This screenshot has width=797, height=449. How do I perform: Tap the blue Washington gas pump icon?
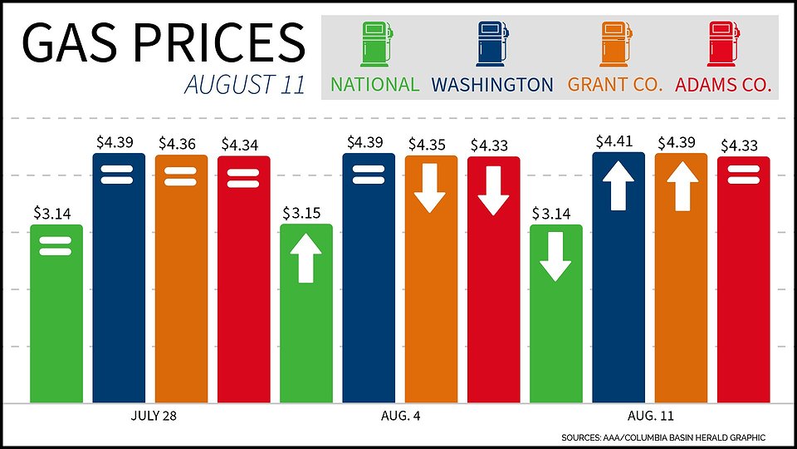(x=492, y=45)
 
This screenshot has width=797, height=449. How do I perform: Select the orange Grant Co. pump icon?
(x=615, y=45)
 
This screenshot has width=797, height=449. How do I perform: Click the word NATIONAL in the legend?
(x=375, y=85)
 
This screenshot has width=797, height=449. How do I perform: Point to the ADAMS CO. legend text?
(x=723, y=85)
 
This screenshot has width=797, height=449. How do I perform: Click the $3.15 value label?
(x=306, y=214)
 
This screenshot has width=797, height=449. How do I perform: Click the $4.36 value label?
(x=181, y=144)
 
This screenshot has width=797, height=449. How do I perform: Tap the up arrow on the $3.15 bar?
(x=306, y=258)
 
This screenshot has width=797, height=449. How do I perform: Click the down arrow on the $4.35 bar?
(x=431, y=188)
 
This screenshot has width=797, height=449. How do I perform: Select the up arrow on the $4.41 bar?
(x=619, y=185)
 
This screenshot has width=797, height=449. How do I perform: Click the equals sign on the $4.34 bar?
(x=244, y=178)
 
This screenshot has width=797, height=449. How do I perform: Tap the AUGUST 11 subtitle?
(x=245, y=85)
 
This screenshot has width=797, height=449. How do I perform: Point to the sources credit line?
(x=663, y=437)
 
